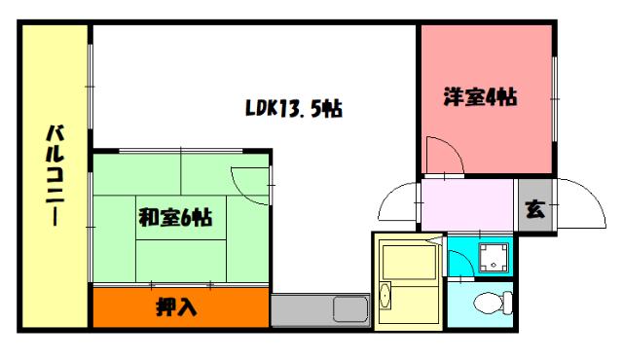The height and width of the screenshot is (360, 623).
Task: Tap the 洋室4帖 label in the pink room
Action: (480, 97)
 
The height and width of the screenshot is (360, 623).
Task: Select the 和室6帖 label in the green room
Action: (175, 218)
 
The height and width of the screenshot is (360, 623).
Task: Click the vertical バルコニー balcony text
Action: (55, 175)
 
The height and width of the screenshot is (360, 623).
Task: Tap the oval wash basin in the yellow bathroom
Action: (385, 298)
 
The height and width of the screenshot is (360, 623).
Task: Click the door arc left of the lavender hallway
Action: (397, 203)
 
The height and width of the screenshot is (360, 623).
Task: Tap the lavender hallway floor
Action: (467, 206)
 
